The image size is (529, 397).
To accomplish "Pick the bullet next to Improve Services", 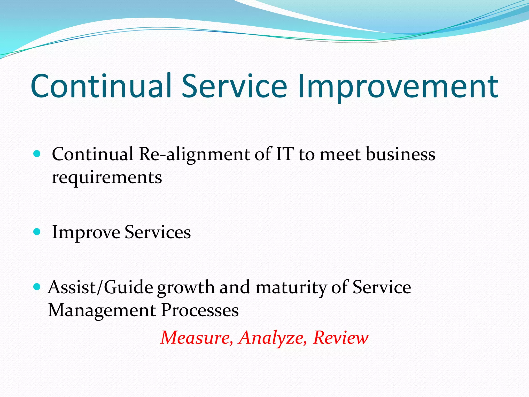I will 37,232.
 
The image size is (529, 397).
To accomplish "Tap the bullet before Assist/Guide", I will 37,287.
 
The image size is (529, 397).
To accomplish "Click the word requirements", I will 107,178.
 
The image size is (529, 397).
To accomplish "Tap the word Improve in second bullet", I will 86,232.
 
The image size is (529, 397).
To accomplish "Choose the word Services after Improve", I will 158,232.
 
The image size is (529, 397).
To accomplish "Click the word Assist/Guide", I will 100,287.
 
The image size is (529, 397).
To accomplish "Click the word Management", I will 102,310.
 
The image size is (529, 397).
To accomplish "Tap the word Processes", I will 200,310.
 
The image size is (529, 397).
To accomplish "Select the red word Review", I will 341,338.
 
